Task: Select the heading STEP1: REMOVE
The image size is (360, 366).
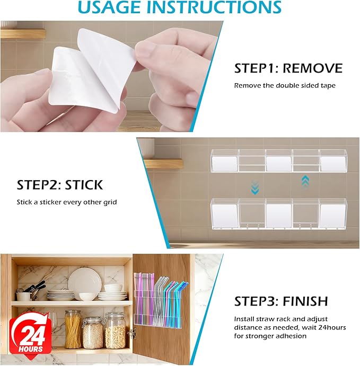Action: point(288,68)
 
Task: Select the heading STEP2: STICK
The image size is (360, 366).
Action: point(60,185)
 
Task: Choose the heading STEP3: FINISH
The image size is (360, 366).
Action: point(281,301)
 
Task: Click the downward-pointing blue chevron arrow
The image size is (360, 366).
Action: point(254,186)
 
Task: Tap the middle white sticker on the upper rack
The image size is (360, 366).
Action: point(277,163)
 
